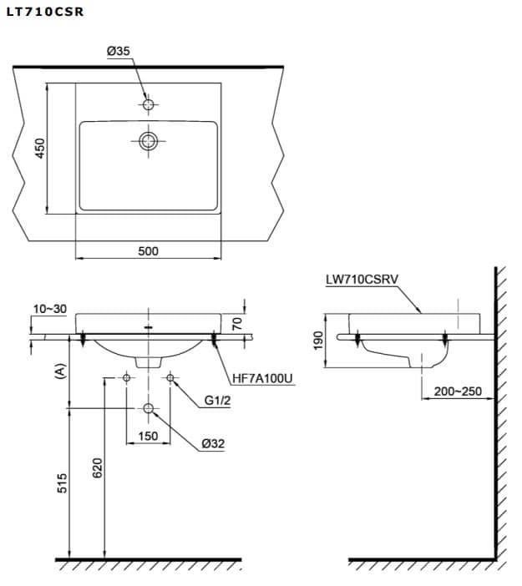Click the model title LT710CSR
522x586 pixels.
pyautogui.click(x=45, y=12)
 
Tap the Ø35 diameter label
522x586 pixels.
pyautogui.click(x=118, y=51)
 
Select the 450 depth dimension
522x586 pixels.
pyautogui.click(x=39, y=149)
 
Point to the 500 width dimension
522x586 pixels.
pyautogui.click(x=148, y=251)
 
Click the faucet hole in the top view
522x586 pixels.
pyautogui.click(x=148, y=104)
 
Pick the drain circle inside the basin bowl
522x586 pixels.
pyautogui.click(x=148, y=141)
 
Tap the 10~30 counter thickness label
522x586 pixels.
pyautogui.click(x=50, y=309)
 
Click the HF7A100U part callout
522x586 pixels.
pyautogui.click(x=262, y=379)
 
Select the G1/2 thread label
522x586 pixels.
pyautogui.click(x=217, y=401)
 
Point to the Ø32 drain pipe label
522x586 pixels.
pyautogui.click(x=213, y=443)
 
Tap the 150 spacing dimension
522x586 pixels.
pyautogui.click(x=148, y=436)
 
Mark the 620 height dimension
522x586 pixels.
pyautogui.click(x=97, y=468)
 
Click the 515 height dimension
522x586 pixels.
pyautogui.click(x=62, y=482)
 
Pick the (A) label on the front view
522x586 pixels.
pyautogui.click(x=60, y=371)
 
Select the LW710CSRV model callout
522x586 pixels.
pyautogui.click(x=362, y=280)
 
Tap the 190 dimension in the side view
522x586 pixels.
pyautogui.click(x=318, y=341)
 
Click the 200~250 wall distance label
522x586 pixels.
pyautogui.click(x=458, y=392)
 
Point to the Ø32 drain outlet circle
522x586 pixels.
pyautogui.click(x=148, y=408)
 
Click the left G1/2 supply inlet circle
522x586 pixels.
pyautogui.click(x=126, y=378)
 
